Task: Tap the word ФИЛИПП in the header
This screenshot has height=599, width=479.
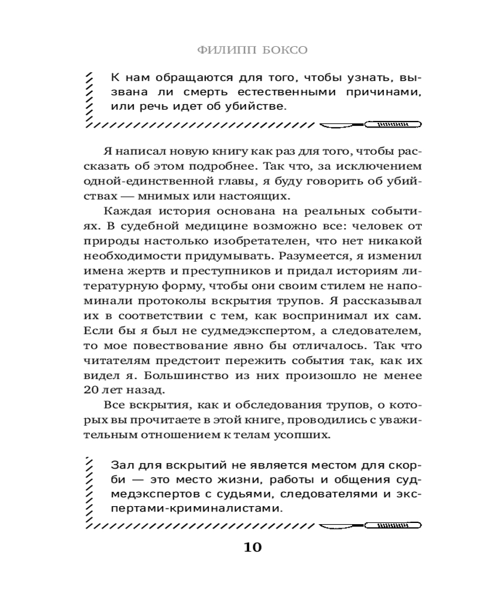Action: tap(227, 50)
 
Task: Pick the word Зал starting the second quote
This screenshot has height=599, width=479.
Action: tap(122, 465)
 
